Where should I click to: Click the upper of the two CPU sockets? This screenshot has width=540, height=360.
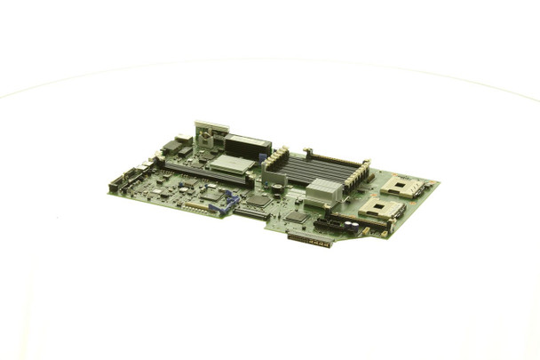coord(402,187)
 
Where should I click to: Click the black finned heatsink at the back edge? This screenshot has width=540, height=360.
coord(248,146)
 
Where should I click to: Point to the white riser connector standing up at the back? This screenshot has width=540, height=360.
coord(210,133)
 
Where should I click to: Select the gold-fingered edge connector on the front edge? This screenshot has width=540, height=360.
coord(310,239)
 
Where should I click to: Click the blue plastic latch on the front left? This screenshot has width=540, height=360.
coord(228,203)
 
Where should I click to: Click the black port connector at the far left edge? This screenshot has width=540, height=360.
coord(116,186)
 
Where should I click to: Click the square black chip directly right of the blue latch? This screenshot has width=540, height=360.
coord(258,202)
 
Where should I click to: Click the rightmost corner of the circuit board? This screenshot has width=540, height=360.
coord(438,185)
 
